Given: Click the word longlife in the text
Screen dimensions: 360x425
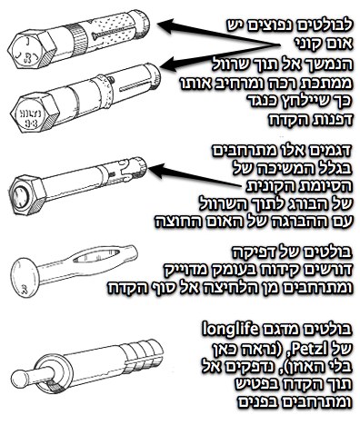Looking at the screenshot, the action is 230,329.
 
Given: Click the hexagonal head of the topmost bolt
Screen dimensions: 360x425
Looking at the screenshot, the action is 32,51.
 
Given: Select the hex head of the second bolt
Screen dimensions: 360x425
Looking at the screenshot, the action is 35,113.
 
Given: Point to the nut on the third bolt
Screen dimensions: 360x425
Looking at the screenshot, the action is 28,194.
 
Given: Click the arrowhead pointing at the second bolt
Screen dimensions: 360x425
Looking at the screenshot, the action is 170,64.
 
